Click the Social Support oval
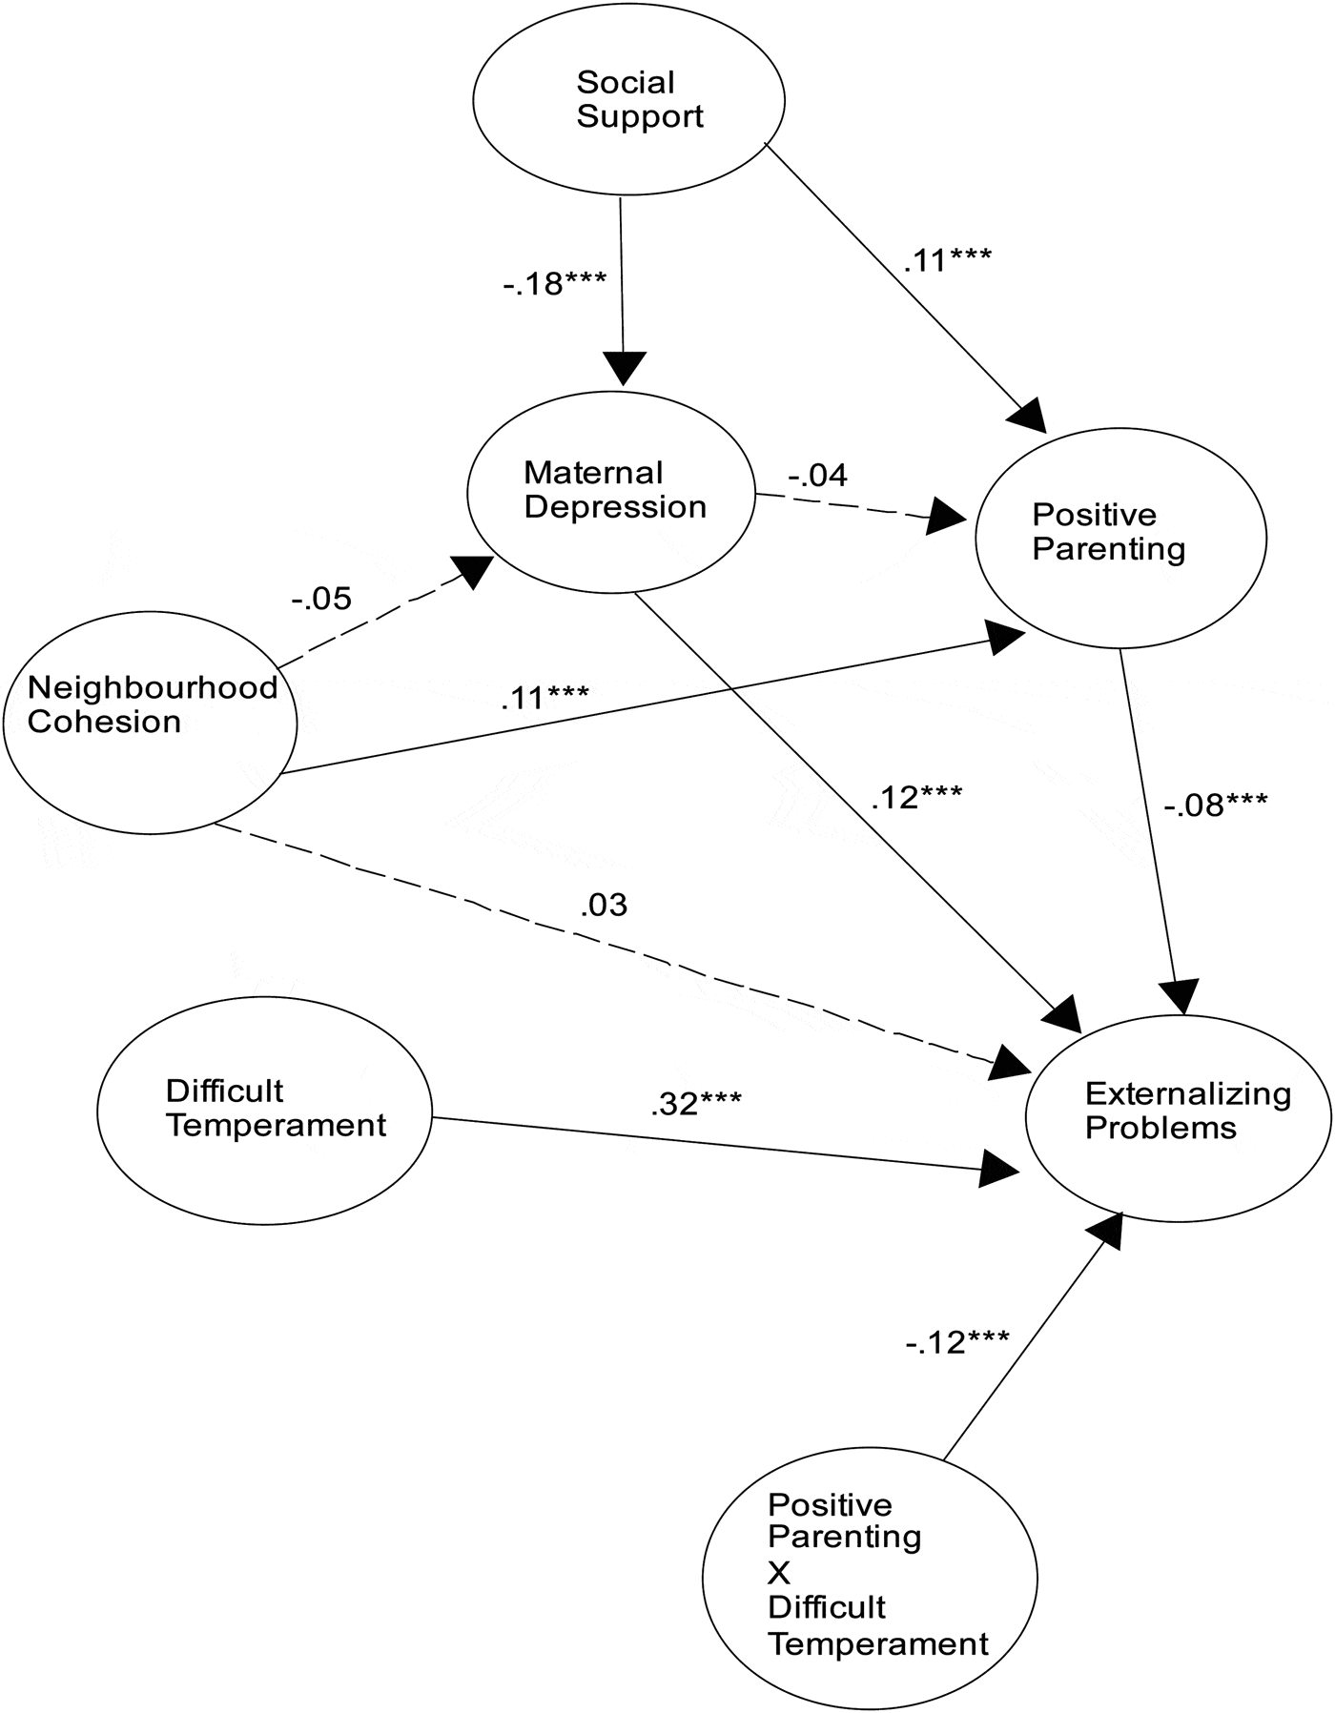tap(629, 100)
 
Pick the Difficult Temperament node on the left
tap(264, 1111)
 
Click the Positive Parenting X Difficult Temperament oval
tap(870, 1577)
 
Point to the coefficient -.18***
tap(555, 283)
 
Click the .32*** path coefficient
tap(696, 1103)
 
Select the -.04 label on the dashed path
tap(817, 475)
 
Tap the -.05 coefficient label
tap(321, 599)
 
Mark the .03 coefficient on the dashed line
tap(604, 905)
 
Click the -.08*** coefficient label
tap(1215, 806)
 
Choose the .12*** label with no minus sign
tap(916, 797)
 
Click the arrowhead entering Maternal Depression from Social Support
tap(625, 368)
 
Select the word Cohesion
tap(104, 722)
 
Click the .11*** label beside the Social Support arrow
tap(947, 259)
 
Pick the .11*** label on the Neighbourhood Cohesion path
tap(544, 698)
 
